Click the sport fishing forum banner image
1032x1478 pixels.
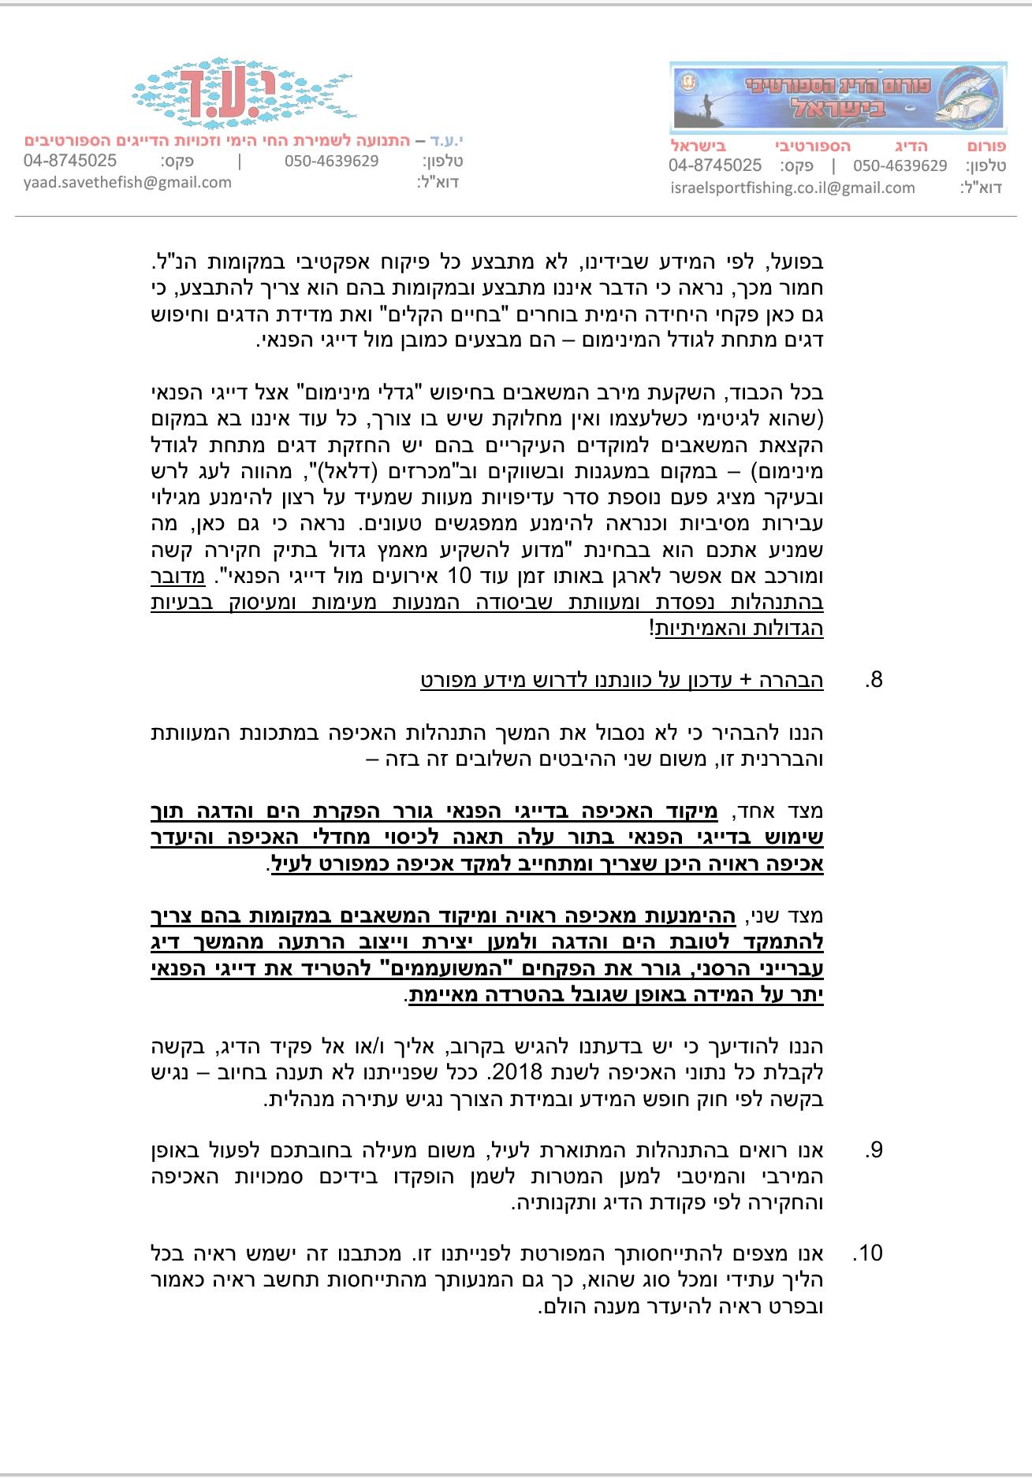click(838, 98)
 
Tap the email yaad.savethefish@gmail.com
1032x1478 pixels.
click(128, 183)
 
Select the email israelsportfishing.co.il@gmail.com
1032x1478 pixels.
click(792, 188)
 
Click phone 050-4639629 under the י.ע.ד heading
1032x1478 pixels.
click(331, 161)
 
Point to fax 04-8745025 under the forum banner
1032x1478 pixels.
click(715, 165)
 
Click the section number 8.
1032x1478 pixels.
click(873, 680)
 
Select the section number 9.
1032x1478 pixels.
click(873, 1150)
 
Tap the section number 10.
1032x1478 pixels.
click(869, 1253)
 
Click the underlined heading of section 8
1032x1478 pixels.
click(622, 680)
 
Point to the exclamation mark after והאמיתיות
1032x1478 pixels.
click(651, 629)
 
